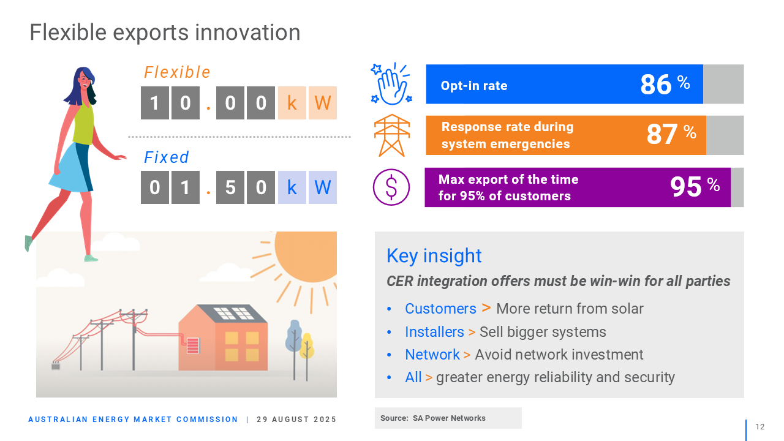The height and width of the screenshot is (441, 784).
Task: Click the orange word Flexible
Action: coord(177,72)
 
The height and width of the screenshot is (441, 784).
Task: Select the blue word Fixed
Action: coord(167,157)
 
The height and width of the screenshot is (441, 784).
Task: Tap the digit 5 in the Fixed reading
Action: coord(230,187)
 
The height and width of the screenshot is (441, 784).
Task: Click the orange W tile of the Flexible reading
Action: coord(323,103)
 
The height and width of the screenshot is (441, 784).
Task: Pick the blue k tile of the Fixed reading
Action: coord(292,187)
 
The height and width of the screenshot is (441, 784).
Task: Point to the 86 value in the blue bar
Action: coord(656,85)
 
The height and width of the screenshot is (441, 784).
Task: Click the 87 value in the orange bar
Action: coord(661,134)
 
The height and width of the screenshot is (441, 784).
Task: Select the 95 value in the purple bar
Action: coord(685,187)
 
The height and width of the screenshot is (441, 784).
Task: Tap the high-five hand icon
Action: coord(391,84)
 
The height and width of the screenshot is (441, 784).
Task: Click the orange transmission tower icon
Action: coord(392,135)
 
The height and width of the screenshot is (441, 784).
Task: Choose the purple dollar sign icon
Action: coord(391,187)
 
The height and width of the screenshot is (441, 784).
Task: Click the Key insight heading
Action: coord(434,256)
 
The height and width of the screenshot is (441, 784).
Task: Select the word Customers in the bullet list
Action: coord(440,309)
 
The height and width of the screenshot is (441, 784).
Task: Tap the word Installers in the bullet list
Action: coord(434,332)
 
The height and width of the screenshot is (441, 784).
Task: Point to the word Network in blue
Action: coord(432,355)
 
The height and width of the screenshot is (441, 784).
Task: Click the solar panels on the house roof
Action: coord(234,313)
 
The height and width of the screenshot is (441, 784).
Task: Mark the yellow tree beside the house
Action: coord(307,353)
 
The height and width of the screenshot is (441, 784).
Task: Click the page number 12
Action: coord(760,427)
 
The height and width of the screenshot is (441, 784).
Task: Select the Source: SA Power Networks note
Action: coord(433,418)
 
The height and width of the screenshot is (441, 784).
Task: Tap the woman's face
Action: coord(85,80)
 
